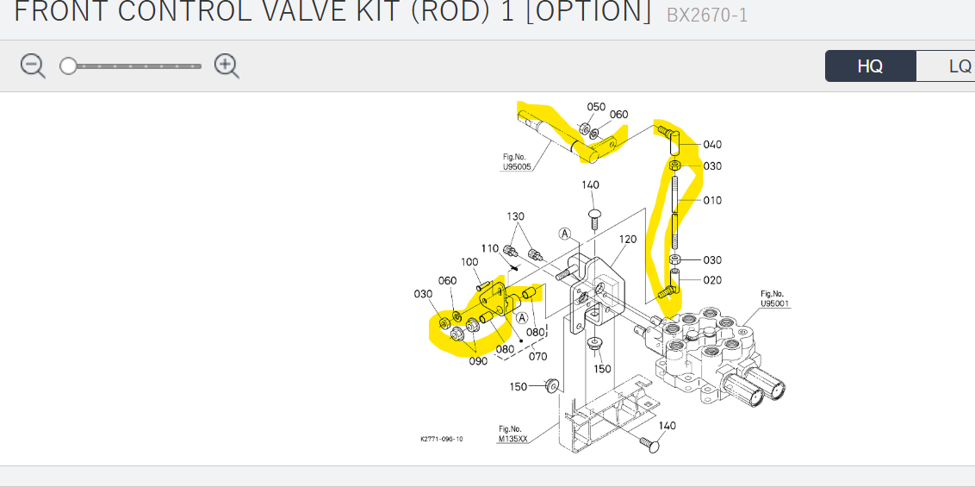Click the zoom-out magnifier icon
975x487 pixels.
click(33, 66)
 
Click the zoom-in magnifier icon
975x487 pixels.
click(227, 66)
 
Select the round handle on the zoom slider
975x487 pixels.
click(68, 66)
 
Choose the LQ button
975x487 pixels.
click(958, 66)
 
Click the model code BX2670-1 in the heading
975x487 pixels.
click(706, 15)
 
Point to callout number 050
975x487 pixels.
click(596, 107)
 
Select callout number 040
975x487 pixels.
click(712, 145)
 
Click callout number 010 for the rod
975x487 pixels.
click(712, 201)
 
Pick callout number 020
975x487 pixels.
click(712, 280)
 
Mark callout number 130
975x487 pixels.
click(515, 216)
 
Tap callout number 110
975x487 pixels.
click(490, 248)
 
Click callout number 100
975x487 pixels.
click(469, 262)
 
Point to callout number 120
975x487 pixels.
click(627, 239)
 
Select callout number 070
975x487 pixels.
click(538, 355)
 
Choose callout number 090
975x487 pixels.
click(478, 361)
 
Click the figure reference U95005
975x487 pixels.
click(517, 166)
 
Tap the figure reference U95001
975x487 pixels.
click(775, 303)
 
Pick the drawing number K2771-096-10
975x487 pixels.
click(442, 439)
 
